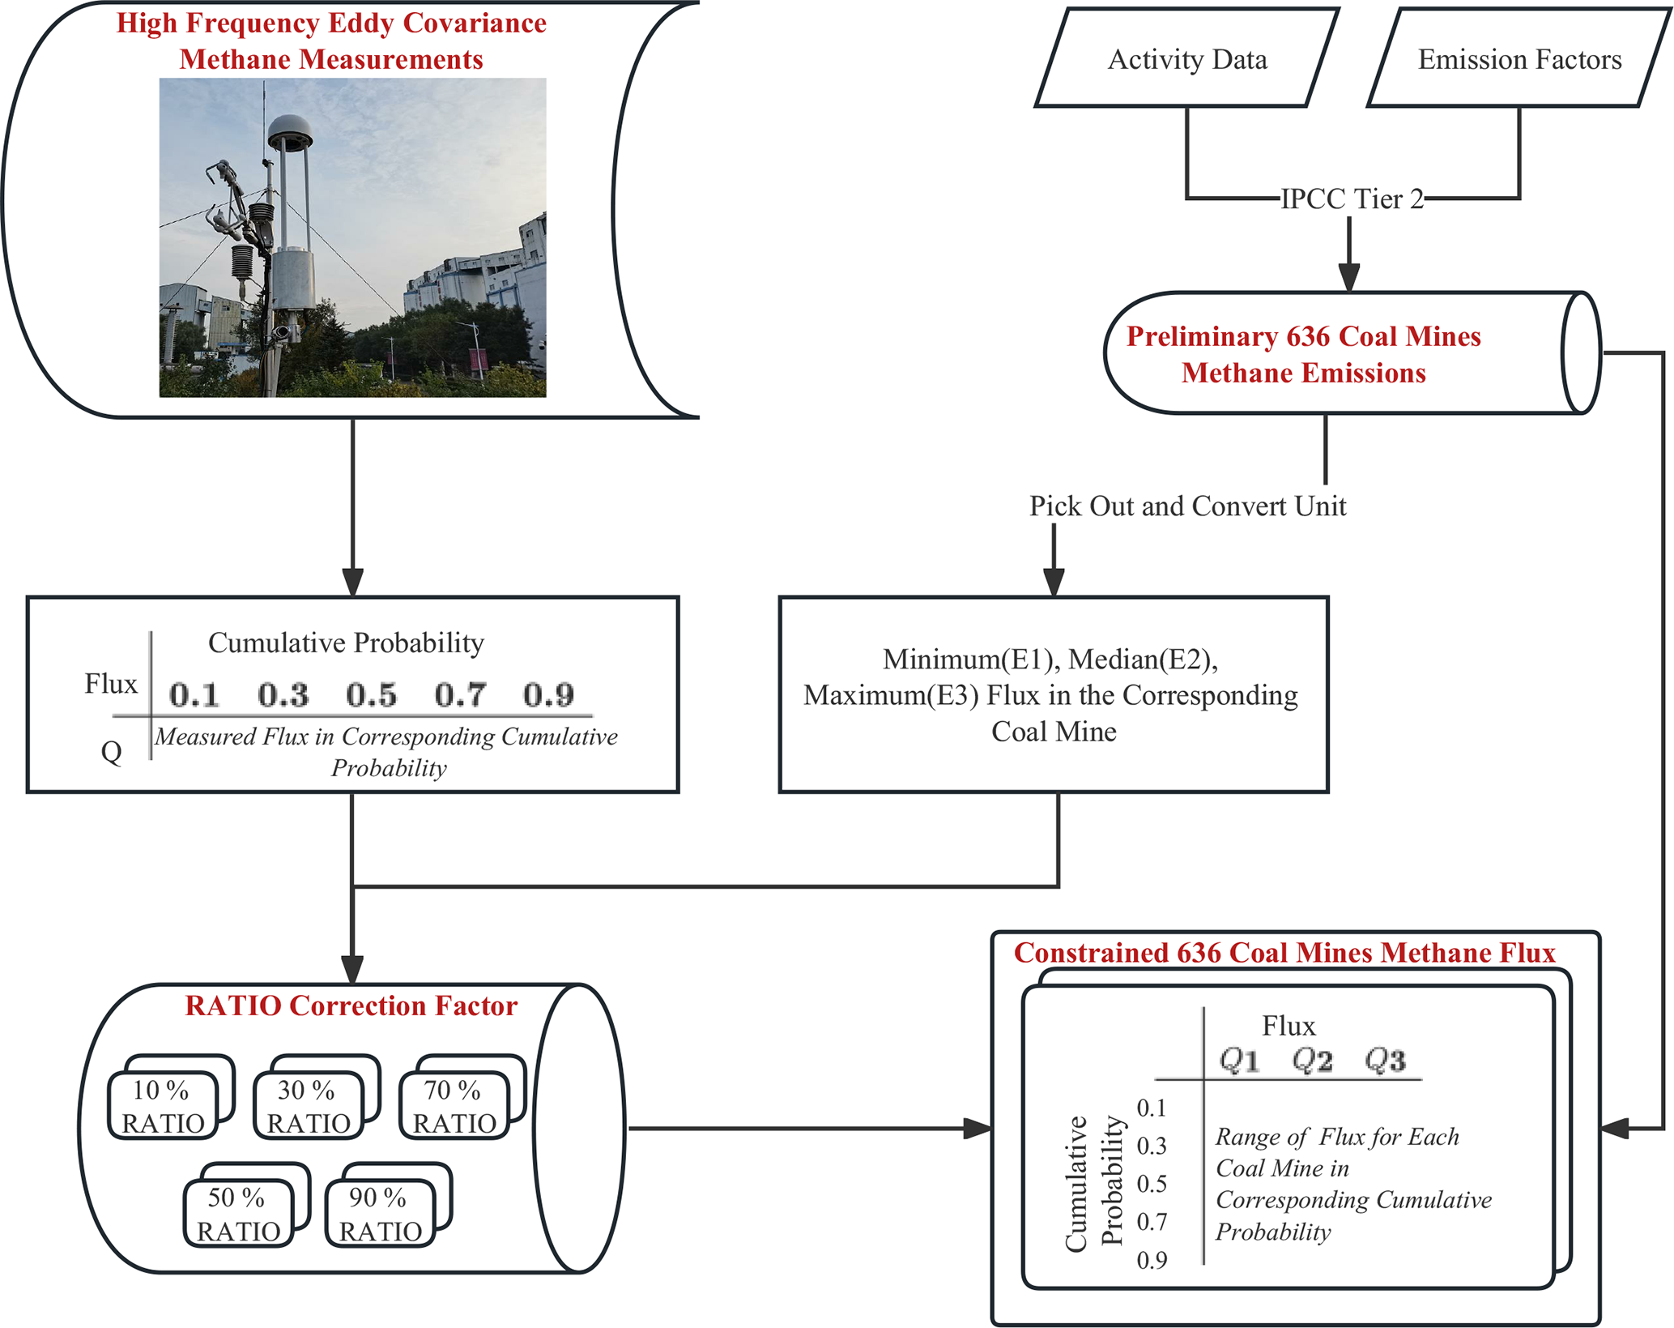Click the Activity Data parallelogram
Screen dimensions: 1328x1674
coord(1186,59)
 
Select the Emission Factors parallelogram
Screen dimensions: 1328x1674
coord(1519,59)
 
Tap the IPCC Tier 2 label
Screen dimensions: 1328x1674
coord(1351,199)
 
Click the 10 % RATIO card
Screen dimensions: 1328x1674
coord(163,1106)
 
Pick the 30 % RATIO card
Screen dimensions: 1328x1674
coord(308,1106)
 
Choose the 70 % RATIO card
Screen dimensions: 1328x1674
coord(454,1106)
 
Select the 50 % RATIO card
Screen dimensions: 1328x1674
coord(238,1214)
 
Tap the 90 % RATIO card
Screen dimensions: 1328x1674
coord(380,1214)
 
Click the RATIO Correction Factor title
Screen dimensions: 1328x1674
coord(351,1006)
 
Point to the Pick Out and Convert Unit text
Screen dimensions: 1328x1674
coord(1187,506)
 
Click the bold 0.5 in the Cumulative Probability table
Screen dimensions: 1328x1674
coord(371,695)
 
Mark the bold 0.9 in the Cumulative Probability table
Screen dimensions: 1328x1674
coord(548,695)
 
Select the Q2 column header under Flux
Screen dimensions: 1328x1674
coord(1312,1060)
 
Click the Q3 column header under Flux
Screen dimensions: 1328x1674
coord(1385,1060)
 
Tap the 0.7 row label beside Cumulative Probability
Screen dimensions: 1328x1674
coord(1152,1222)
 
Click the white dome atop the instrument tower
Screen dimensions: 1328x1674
coord(289,130)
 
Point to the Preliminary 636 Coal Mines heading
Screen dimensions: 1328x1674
coord(1303,336)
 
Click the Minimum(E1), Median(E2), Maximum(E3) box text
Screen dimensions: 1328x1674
coord(1052,695)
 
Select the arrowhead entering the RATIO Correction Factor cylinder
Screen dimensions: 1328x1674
coord(352,969)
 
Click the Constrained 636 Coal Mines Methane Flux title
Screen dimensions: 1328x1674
coord(1284,953)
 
